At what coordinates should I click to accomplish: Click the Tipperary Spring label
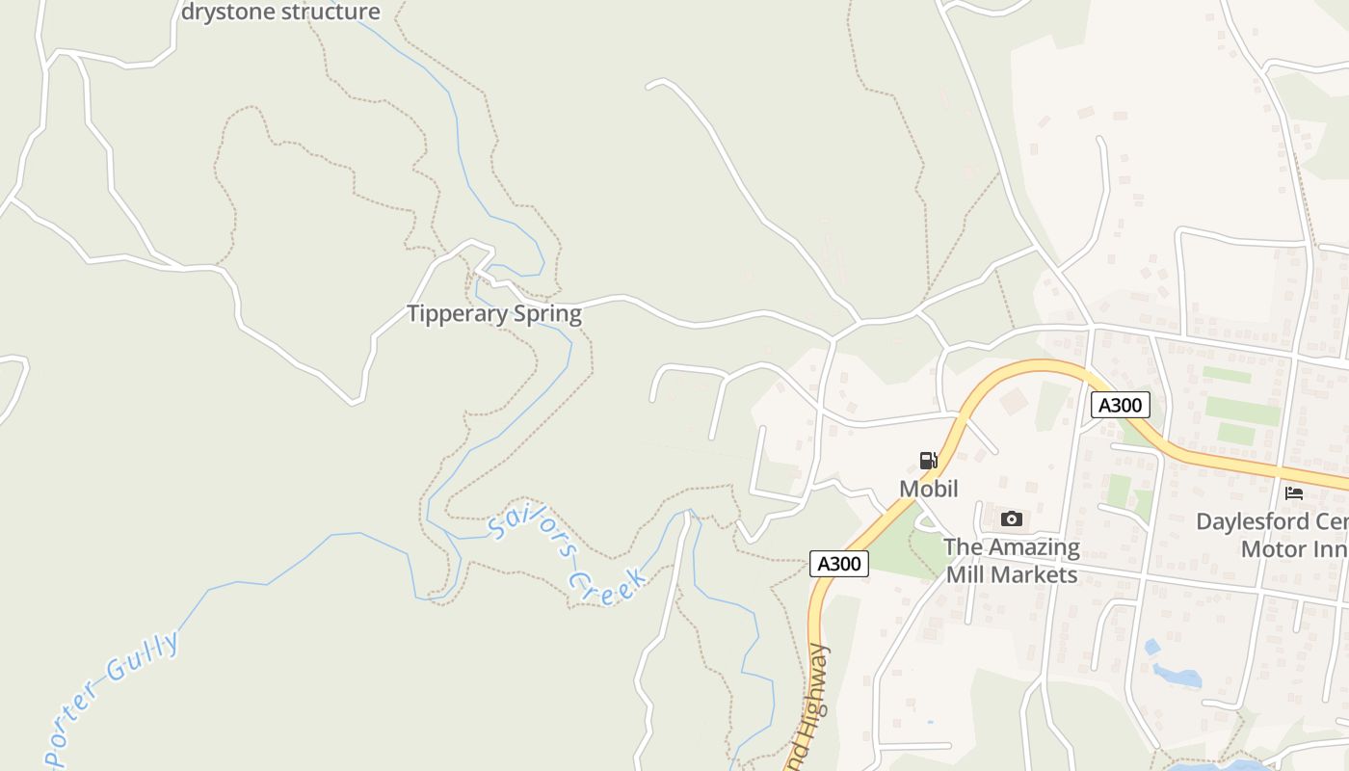point(493,314)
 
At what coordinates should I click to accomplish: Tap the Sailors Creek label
point(567,557)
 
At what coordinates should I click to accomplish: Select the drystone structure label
point(280,13)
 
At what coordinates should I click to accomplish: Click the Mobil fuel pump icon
point(928,461)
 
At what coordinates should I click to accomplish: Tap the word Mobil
point(928,489)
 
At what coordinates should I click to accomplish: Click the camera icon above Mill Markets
point(1011,519)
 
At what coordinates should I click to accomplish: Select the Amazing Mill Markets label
point(1011,561)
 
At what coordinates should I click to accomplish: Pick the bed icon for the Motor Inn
point(1294,493)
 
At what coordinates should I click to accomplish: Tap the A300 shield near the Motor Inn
point(1120,405)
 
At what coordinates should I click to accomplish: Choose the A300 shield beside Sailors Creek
point(838,564)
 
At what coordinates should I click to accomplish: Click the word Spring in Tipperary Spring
point(547,314)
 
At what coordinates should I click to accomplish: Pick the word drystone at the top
point(227,13)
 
